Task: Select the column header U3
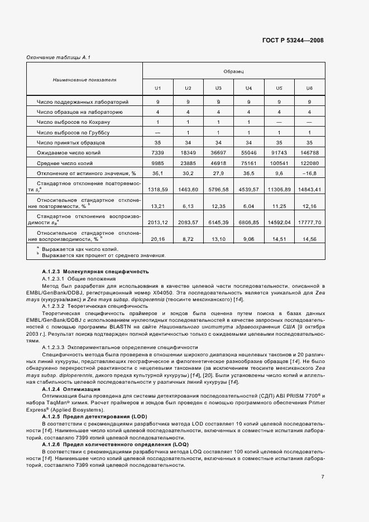(x=218, y=89)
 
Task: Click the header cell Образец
(x=233, y=71)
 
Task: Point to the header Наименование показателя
(x=84, y=80)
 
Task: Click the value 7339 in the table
(x=157, y=153)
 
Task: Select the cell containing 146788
(x=309, y=153)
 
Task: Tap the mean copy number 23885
(x=188, y=163)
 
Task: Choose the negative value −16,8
(x=309, y=173)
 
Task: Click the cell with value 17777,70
(x=309, y=222)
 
